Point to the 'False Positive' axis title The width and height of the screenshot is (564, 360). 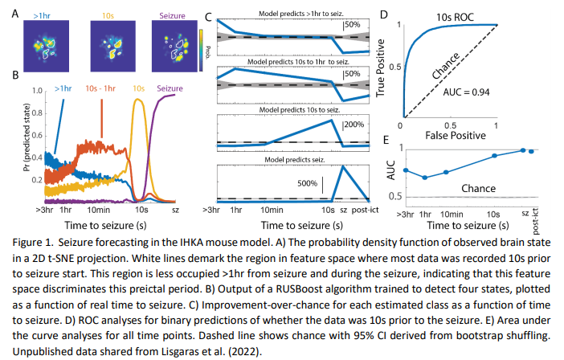pyautogui.click(x=452, y=137)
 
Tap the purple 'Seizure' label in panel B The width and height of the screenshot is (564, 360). pyautogui.click(x=171, y=88)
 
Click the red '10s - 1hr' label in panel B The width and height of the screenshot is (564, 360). pyautogui.click(x=101, y=88)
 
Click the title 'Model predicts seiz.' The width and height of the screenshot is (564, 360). pyautogui.click(x=291, y=159)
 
